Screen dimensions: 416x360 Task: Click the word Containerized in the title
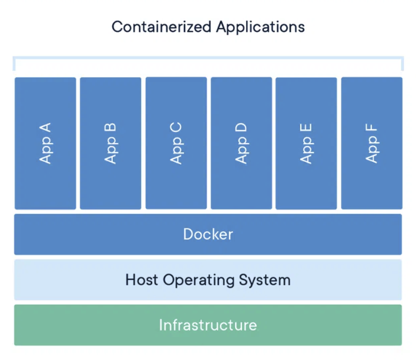pyautogui.click(x=162, y=27)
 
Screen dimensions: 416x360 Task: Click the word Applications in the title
pyautogui.click(x=260, y=28)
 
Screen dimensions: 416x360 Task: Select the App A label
pyautogui.click(x=45, y=143)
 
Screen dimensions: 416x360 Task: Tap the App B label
pyautogui.click(x=110, y=143)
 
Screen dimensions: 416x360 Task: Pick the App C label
pyautogui.click(x=176, y=143)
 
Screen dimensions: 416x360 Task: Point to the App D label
pyautogui.click(x=241, y=143)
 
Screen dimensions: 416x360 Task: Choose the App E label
pyautogui.click(x=306, y=144)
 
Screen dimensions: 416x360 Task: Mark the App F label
pyautogui.click(x=371, y=143)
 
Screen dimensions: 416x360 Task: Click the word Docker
pyautogui.click(x=208, y=234)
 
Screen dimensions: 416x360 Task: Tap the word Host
pyautogui.click(x=142, y=280)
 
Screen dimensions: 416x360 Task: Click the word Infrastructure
pyautogui.click(x=208, y=325)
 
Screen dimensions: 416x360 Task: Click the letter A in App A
pyautogui.click(x=45, y=128)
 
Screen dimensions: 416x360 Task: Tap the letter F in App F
pyautogui.click(x=371, y=128)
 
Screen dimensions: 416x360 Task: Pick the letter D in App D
pyautogui.click(x=241, y=128)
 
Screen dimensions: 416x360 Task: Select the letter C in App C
pyautogui.click(x=176, y=128)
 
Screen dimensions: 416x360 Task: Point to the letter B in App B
pyautogui.click(x=110, y=128)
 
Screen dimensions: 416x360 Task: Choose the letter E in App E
pyautogui.click(x=306, y=128)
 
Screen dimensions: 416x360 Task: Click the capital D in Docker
pyautogui.click(x=189, y=234)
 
